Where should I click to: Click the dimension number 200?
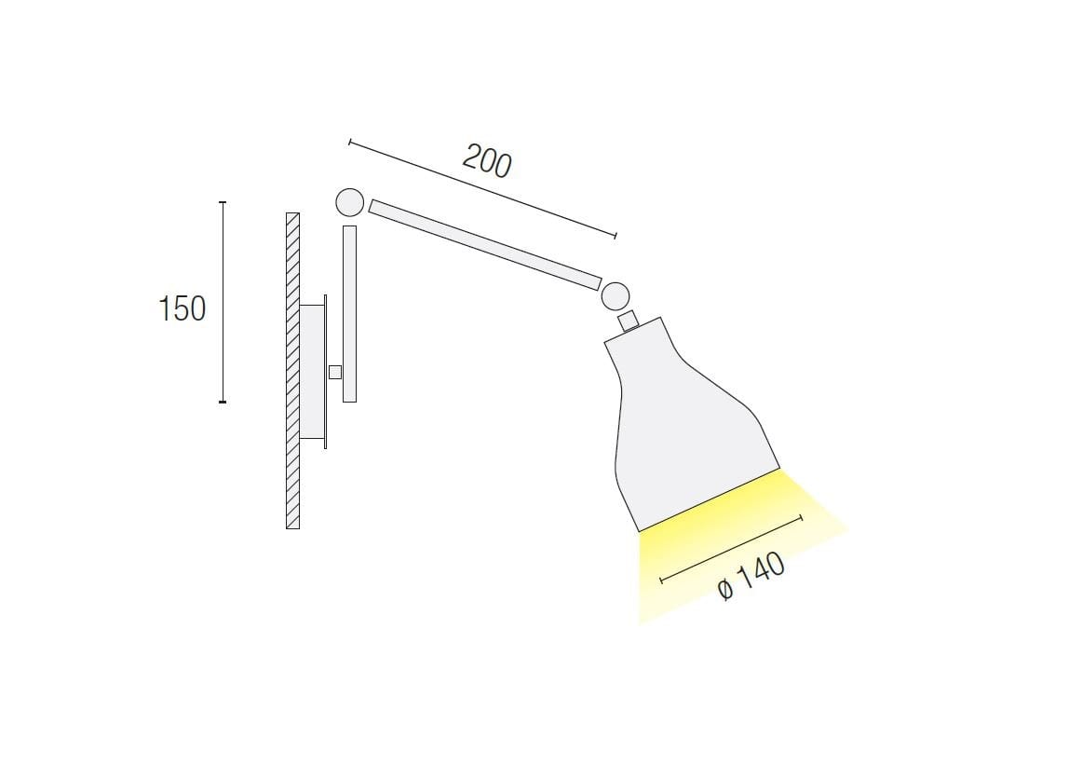coord(487,162)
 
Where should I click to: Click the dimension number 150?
coord(182,308)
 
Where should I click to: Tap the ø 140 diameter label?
coord(752,579)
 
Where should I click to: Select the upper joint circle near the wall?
coord(349,202)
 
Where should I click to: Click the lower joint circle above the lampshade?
coord(615,296)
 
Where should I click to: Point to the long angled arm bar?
coord(484,244)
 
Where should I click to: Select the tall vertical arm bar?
coord(349,314)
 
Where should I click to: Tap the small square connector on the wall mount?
coord(335,373)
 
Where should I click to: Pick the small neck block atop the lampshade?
coord(629,321)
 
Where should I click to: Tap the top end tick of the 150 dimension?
coord(223,202)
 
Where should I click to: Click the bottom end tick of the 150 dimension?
coord(223,402)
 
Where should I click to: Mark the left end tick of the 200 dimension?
coord(349,142)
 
